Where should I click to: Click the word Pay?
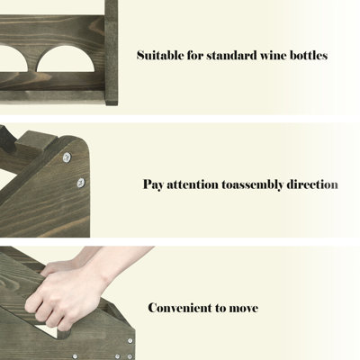(x=153, y=184)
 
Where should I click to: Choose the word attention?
(x=193, y=184)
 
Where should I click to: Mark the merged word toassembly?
(x=252, y=184)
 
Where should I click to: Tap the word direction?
(x=312, y=184)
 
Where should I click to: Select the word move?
(x=244, y=309)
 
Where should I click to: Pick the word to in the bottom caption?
(x=220, y=309)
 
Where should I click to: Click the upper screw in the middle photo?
(x=67, y=157)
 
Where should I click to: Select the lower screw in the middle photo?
(x=81, y=183)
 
